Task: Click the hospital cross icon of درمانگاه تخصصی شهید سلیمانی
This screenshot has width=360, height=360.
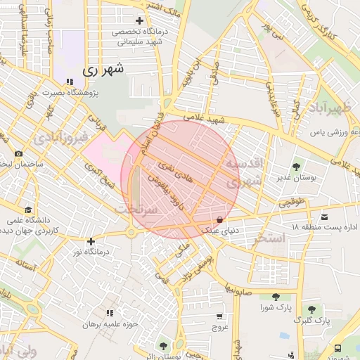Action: (x=139, y=21)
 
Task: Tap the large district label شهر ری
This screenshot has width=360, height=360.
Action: (x=103, y=70)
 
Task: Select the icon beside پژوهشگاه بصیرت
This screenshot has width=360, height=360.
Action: (x=67, y=82)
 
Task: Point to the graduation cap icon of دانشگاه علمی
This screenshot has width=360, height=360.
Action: (x=27, y=210)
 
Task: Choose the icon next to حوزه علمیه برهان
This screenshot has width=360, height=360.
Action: (x=109, y=313)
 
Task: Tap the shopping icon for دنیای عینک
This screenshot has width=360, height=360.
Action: (x=220, y=220)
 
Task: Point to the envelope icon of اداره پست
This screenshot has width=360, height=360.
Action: (x=324, y=217)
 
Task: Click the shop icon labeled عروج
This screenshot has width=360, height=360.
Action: (x=220, y=317)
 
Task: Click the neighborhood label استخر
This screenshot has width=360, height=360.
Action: (x=271, y=238)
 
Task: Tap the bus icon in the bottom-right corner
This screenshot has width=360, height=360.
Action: (x=339, y=347)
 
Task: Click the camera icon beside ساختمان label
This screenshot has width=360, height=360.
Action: (x=18, y=153)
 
